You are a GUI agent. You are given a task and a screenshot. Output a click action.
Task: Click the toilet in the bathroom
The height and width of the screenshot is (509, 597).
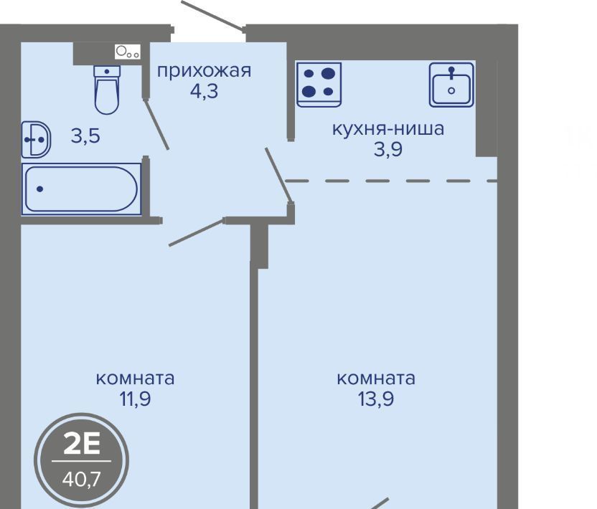coord(107,90)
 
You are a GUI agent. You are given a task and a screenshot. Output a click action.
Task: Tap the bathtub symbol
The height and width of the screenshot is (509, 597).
coord(81,189)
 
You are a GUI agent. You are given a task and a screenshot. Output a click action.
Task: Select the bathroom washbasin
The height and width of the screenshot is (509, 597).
coord(36,140)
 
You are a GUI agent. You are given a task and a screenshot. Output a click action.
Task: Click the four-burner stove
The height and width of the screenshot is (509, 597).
coord(319,85)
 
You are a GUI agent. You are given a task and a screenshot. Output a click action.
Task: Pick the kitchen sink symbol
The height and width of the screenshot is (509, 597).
coord(451,85)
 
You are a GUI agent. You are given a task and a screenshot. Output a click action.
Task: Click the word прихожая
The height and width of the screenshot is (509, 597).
coord(204,71)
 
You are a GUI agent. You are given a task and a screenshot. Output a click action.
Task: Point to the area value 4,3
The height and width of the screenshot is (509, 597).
coord(204,91)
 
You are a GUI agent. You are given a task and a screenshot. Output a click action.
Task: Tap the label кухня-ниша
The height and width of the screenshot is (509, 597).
coord(388,128)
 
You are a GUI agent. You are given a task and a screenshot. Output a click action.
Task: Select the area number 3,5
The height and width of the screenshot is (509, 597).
coord(85,135)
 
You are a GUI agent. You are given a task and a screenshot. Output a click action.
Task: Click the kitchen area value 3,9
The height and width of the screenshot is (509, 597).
coord(388,149)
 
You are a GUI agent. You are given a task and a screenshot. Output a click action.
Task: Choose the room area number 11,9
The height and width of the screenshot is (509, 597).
coord(135,399)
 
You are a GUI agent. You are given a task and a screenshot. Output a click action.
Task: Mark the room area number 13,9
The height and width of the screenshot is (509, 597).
coord(376,399)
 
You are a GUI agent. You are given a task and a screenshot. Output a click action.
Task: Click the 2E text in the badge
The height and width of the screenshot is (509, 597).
coord(82,444)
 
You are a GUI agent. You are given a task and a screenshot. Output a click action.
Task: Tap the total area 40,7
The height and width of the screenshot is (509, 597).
coord(82,479)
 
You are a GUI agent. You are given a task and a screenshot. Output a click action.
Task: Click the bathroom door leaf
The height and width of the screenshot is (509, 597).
coord(156,124)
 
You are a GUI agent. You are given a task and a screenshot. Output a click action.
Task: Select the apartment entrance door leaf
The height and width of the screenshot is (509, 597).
coord(212,15)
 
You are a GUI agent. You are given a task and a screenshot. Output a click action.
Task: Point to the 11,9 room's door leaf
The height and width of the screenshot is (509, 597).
coord(196,232)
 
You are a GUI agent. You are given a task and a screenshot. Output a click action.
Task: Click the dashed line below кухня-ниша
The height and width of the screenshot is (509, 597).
coord(391,181)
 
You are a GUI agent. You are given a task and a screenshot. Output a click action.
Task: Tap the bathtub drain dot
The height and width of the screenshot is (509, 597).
coord(39,189)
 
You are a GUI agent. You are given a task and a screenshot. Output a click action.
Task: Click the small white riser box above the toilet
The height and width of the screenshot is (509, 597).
coord(128,52)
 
